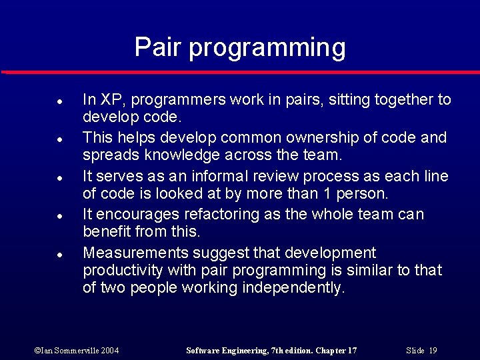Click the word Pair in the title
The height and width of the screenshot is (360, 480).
point(158,47)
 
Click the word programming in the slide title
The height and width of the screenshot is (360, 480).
point(267,49)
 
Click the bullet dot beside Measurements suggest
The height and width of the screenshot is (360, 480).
point(59,255)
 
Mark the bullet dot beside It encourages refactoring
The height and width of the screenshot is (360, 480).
point(59,216)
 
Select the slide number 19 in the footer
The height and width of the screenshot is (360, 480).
point(433,351)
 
